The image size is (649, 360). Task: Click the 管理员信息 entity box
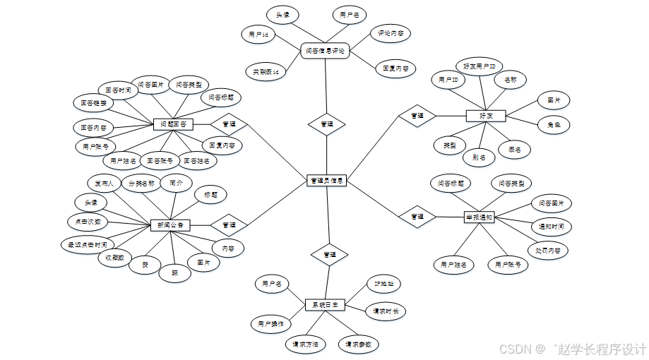327,180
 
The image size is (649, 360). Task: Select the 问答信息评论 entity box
326,51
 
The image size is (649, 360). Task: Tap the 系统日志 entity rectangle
326,305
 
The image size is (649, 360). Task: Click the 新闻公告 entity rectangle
169,225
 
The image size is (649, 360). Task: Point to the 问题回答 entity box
173,124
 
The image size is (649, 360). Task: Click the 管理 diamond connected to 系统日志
330,254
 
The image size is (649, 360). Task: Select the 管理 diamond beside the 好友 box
417,115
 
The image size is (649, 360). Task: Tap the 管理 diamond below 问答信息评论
326,124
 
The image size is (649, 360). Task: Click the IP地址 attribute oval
383,284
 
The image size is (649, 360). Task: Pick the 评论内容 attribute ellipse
391,33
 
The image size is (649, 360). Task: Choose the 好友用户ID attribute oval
479,66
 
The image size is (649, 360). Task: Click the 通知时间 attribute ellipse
552,227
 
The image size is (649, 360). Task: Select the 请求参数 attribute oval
358,344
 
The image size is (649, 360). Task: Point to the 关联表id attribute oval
266,71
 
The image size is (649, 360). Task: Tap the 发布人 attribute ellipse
105,183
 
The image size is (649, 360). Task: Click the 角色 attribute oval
554,125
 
